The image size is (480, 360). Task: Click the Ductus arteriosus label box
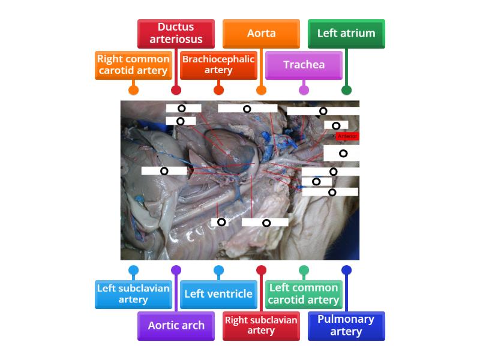tap(176, 34)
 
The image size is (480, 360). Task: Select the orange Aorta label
tap(261, 34)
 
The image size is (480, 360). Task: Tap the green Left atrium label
tap(346, 34)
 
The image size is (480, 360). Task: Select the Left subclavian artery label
tap(133, 294)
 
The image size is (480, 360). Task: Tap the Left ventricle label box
tap(218, 294)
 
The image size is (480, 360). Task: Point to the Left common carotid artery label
tap(304, 294)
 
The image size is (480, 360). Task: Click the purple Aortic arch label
tap(176, 326)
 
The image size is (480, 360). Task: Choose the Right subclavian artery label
tap(261, 326)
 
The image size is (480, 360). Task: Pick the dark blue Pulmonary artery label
tap(346, 326)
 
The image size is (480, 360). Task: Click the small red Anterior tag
tap(347, 136)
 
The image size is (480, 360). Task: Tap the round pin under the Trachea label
tap(304, 90)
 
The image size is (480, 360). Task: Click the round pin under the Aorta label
tap(261, 90)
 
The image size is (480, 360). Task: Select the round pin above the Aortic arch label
tap(176, 270)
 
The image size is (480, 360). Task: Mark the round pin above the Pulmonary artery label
tap(346, 270)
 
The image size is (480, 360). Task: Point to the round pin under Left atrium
tap(346, 90)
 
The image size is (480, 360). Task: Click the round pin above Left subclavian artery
tap(133, 270)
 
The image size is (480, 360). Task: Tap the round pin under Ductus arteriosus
tap(176, 90)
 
